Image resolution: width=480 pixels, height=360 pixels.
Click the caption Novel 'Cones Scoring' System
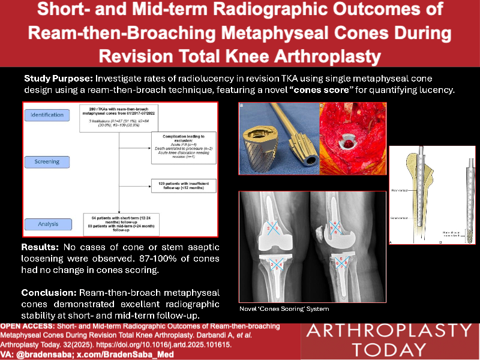coord(275,309)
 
